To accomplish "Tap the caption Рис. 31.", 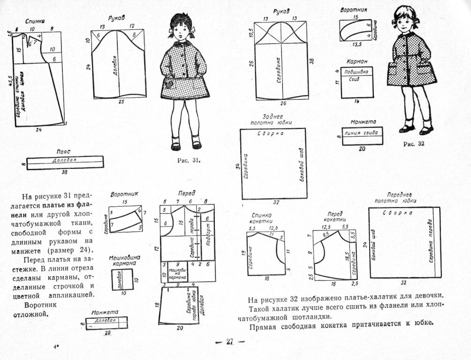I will pyautogui.click(x=189, y=161).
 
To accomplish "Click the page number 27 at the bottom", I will pyautogui.click(x=230, y=342).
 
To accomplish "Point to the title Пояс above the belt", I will pyautogui.click(x=63, y=152).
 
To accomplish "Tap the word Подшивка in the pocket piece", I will pyautogui.click(x=356, y=71).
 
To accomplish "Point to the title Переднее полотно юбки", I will pyautogui.click(x=399, y=197).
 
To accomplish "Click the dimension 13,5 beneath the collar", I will pyautogui.click(x=357, y=45).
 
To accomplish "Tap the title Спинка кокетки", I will pyautogui.click(x=261, y=218).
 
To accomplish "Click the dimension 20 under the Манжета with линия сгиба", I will pyautogui.click(x=362, y=149).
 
